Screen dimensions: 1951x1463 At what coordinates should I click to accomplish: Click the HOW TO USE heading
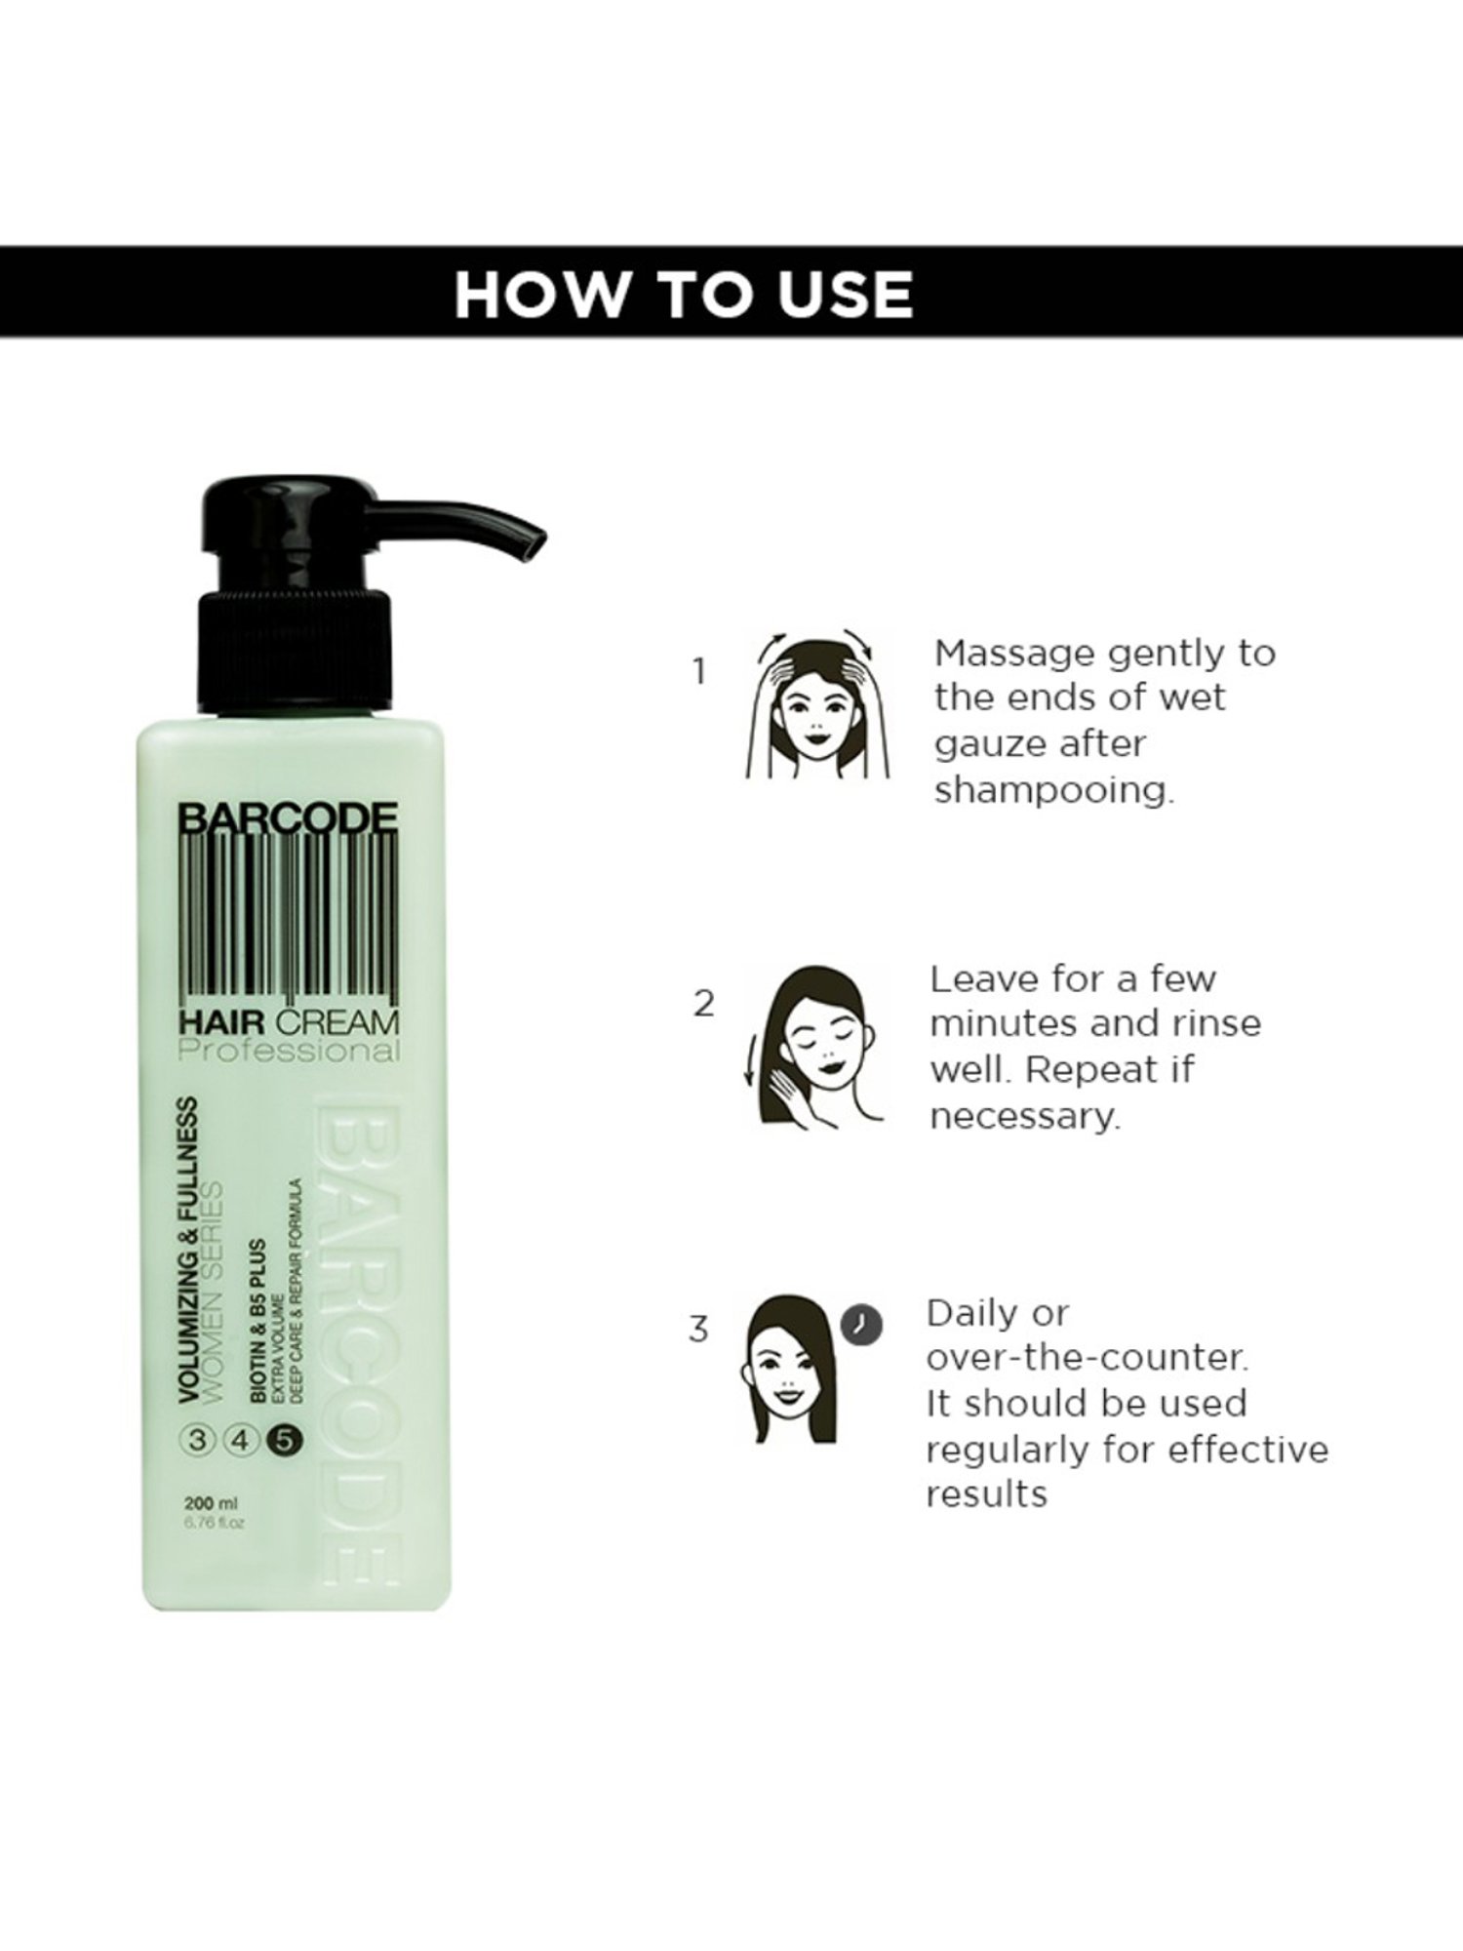(x=684, y=293)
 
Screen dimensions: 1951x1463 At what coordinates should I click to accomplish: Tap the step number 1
(x=698, y=671)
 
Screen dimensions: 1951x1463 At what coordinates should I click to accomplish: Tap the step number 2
(x=704, y=1004)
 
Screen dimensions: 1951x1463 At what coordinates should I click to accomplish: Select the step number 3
(x=698, y=1330)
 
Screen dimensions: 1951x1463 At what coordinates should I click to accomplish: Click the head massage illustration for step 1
(x=817, y=704)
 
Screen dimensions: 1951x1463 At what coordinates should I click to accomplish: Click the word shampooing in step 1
(x=1053, y=789)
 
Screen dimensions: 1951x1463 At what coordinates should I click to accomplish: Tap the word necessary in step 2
(x=1024, y=1115)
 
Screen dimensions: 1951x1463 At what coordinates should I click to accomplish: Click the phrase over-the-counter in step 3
(x=1087, y=1357)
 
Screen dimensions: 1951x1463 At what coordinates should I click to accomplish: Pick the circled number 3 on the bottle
(x=199, y=1439)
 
